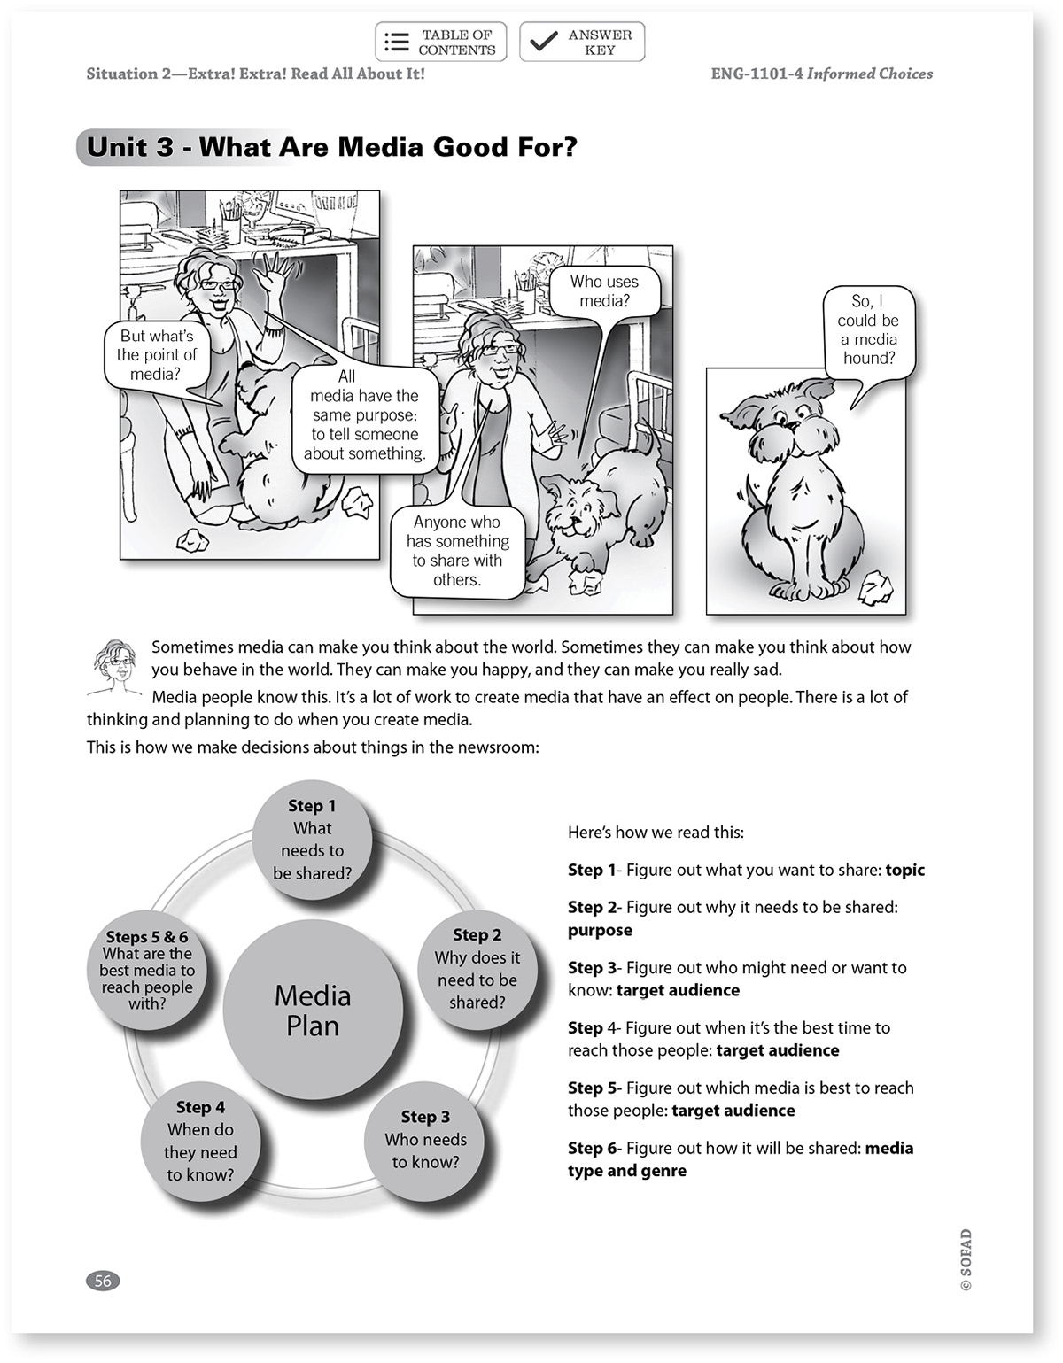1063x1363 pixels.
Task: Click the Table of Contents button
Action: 440,42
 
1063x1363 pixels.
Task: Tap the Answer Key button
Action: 582,42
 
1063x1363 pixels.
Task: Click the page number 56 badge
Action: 103,1281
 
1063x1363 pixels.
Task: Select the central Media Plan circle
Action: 313,1011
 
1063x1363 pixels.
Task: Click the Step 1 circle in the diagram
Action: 312,840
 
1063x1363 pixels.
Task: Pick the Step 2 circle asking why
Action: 477,969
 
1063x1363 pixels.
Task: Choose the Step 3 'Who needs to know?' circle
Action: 425,1140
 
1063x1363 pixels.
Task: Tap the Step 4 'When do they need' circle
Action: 200,1141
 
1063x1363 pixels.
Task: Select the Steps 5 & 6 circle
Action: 147,970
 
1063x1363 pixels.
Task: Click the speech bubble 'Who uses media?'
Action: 604,291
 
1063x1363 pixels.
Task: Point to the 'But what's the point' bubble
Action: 156,354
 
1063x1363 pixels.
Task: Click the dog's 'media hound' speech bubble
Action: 868,329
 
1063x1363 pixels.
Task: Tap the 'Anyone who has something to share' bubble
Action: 457,551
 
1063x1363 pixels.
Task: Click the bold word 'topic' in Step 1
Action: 904,871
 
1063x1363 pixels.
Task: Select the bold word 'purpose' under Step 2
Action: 600,931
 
